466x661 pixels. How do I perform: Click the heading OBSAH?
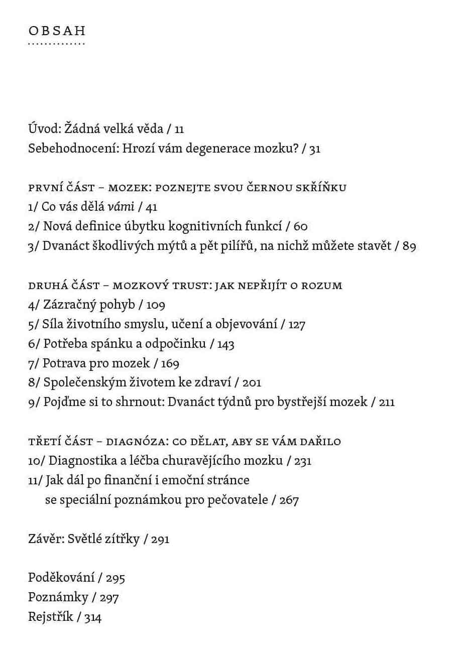pyautogui.click(x=57, y=31)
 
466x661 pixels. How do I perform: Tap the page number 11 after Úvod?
pyautogui.click(x=179, y=129)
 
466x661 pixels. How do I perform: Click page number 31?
pyautogui.click(x=315, y=149)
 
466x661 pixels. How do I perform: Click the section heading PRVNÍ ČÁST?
pyautogui.click(x=61, y=188)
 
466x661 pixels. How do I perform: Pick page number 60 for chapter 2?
pyautogui.click(x=300, y=227)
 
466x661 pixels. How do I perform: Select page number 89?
pyautogui.click(x=409, y=246)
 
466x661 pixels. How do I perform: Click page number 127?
pyautogui.click(x=297, y=325)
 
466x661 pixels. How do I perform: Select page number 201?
pyautogui.click(x=252, y=383)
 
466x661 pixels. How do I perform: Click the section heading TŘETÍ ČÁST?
pyautogui.click(x=60, y=442)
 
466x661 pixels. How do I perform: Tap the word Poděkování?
pyautogui.click(x=61, y=577)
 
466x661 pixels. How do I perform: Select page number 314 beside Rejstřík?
pyautogui.click(x=93, y=617)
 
